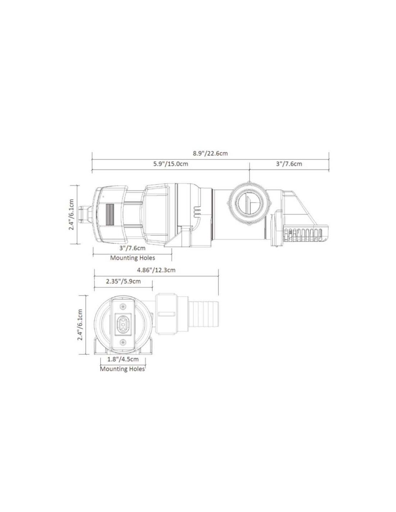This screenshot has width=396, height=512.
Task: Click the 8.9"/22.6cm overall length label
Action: pyautogui.click(x=210, y=153)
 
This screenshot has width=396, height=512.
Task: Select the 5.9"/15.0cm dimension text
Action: pyautogui.click(x=171, y=164)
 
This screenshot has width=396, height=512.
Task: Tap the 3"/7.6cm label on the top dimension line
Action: pyautogui.click(x=289, y=164)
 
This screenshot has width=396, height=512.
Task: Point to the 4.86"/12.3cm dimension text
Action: pyautogui.click(x=157, y=270)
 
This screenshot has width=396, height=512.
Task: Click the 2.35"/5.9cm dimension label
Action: pyautogui.click(x=123, y=281)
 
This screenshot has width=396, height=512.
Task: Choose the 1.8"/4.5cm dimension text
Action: pyautogui.click(x=123, y=359)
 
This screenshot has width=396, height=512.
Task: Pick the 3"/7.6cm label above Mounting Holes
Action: pyautogui.click(x=132, y=248)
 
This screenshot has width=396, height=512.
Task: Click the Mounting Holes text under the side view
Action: pyautogui.click(x=132, y=258)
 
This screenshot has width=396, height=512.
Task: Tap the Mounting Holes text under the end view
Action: pyautogui.click(x=122, y=369)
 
